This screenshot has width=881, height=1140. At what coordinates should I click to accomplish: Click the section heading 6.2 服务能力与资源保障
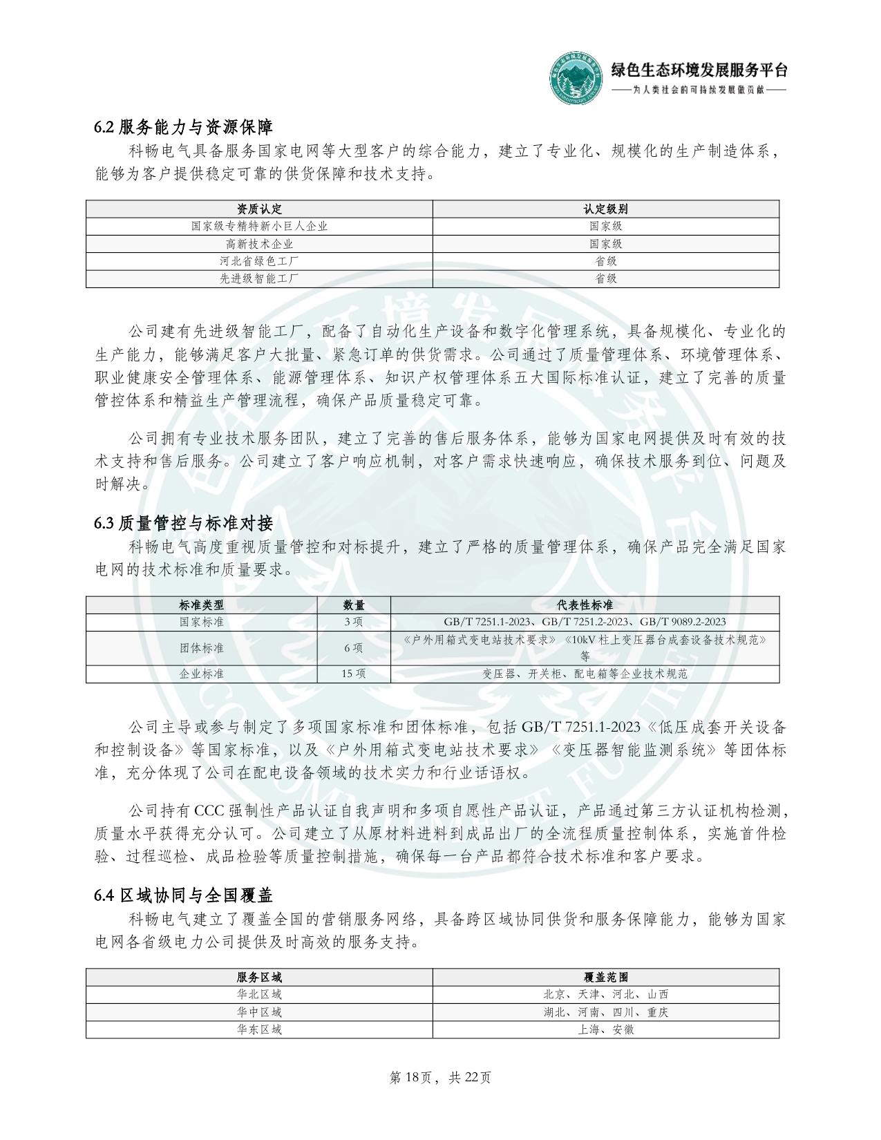(x=183, y=127)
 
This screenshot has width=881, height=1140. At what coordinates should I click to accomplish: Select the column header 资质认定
(x=259, y=209)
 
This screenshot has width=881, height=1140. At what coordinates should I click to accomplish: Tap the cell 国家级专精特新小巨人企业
(x=259, y=226)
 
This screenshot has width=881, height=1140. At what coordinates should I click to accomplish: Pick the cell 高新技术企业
(x=259, y=244)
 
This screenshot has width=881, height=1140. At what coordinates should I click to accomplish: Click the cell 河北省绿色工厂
(x=259, y=261)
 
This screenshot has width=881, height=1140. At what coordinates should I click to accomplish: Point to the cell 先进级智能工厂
(x=259, y=278)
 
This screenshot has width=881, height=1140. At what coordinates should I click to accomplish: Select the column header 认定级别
(x=605, y=209)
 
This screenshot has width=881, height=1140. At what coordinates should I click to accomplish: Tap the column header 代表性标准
(x=585, y=605)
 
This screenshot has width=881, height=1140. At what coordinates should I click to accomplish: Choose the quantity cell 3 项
(x=354, y=622)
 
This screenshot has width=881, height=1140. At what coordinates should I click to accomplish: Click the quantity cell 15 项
(x=354, y=674)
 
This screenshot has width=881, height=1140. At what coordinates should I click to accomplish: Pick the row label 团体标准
(x=202, y=648)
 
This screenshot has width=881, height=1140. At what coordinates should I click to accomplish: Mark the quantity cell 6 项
(x=354, y=648)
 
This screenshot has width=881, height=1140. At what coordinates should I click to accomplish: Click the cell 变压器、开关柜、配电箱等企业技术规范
(x=585, y=674)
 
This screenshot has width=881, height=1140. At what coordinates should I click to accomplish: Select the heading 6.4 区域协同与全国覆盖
(x=183, y=895)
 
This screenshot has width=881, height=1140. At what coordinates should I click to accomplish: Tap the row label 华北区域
(x=259, y=994)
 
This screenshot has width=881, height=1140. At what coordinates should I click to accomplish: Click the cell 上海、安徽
(x=605, y=1029)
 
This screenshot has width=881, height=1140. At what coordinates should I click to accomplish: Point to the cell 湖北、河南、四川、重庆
(x=605, y=1012)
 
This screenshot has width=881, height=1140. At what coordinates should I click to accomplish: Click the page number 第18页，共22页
(x=440, y=1077)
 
